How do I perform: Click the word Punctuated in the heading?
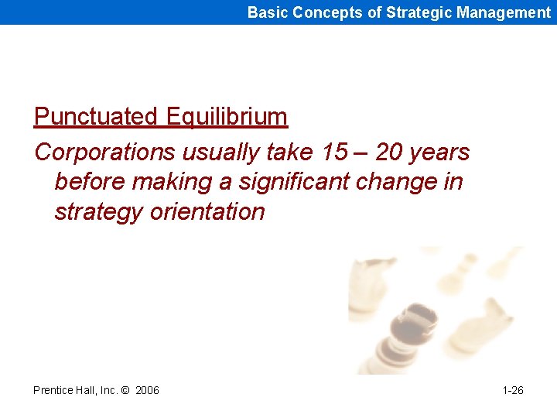click(96, 117)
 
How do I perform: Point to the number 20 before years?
click(389, 152)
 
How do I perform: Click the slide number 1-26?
click(513, 390)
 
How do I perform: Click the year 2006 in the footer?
click(147, 390)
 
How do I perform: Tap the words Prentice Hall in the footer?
click(63, 390)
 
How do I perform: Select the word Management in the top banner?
click(503, 12)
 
